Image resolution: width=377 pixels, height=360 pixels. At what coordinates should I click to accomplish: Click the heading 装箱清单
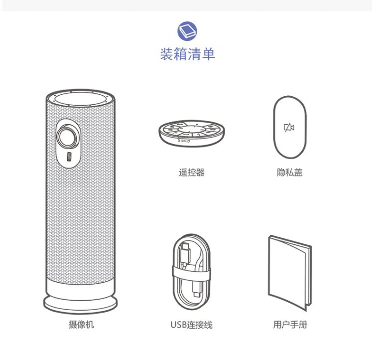[188, 54]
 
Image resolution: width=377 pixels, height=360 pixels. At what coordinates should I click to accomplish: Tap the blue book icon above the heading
[187, 31]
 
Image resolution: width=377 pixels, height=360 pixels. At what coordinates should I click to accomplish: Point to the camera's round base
[81, 301]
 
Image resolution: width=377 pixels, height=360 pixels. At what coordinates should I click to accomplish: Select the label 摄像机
[81, 325]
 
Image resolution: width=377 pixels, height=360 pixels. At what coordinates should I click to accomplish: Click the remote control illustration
[191, 134]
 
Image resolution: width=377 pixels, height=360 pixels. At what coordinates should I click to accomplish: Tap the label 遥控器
[191, 173]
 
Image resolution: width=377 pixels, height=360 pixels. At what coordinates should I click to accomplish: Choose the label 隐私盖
[289, 173]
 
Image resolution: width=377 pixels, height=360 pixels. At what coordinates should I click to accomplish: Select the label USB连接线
[191, 325]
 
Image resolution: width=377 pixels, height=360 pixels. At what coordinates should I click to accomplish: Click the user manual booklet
[289, 272]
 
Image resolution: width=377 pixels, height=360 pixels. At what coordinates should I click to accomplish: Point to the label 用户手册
[290, 325]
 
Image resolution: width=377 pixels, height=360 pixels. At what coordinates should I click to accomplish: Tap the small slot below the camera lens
[69, 157]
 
